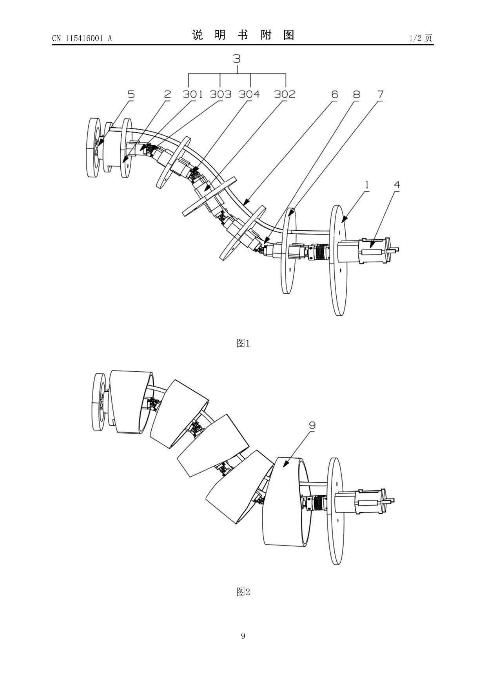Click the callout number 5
point(131,94)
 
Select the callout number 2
point(167,94)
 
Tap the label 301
point(193,94)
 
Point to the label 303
point(221,94)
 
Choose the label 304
point(249,94)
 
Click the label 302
point(285,94)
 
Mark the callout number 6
point(334,94)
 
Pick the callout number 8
point(356,94)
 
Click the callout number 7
point(380,94)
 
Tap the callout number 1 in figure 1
point(367,184)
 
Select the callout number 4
point(397,184)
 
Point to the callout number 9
point(312,425)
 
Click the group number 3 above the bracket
point(236,59)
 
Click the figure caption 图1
point(243,343)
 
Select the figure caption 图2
point(243,592)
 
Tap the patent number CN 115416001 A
point(82,38)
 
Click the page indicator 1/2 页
point(421,38)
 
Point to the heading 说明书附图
point(243,35)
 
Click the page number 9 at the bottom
point(243,636)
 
